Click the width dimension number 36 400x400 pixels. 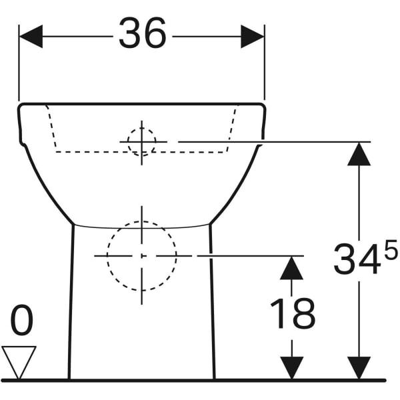(143, 33)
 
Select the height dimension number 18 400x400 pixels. (293, 313)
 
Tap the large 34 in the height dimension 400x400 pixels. (355, 259)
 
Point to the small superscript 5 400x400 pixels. (391, 250)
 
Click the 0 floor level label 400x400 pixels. (22, 320)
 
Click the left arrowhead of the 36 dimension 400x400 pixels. (31, 37)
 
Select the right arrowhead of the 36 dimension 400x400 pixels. (253, 37)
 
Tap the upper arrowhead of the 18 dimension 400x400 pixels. (291, 268)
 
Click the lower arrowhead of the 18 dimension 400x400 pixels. (292, 368)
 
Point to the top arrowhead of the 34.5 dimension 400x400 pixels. (359, 154)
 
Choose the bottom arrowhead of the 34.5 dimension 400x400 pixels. (359, 368)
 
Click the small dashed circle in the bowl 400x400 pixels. (142, 142)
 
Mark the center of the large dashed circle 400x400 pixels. (142, 255)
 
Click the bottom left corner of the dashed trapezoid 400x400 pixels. (56, 152)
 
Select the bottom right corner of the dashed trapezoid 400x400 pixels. (227, 152)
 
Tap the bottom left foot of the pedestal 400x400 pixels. (69, 379)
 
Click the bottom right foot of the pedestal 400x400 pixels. (214, 379)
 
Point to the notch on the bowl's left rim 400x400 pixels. (23, 143)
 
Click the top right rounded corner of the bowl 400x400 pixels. (263, 105)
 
